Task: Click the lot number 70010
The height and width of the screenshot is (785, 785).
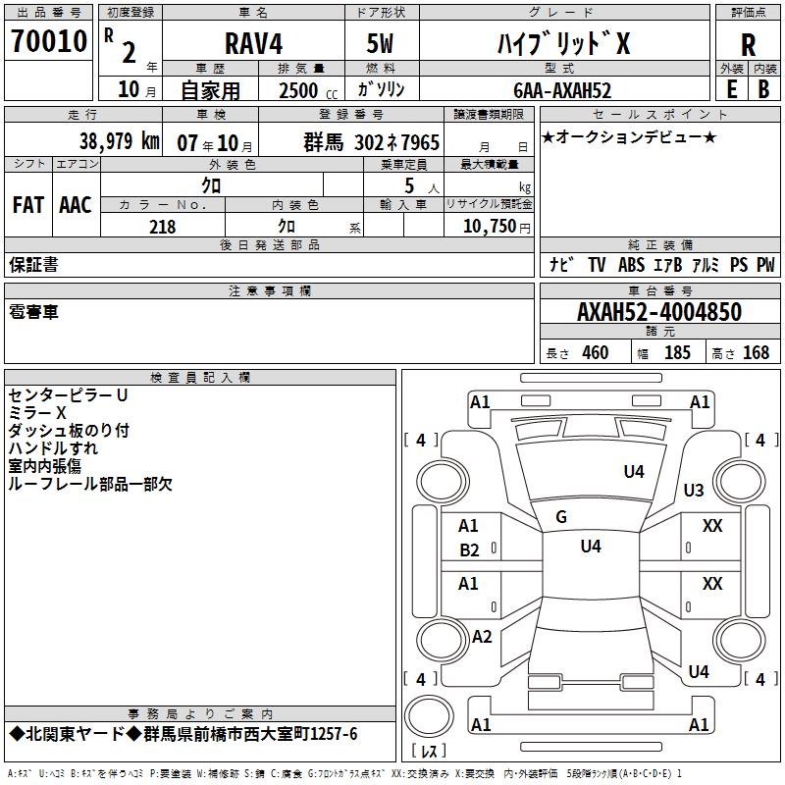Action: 49,41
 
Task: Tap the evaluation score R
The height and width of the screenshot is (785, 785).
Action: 748,44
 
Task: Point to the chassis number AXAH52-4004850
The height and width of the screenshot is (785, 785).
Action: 658,313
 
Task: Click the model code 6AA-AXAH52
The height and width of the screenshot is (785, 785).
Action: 562,90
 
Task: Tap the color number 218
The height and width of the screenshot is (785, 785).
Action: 162,227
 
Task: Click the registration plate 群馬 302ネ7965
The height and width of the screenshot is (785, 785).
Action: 372,142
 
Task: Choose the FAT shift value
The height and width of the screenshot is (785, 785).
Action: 28,204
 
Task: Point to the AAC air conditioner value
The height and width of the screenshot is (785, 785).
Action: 76,204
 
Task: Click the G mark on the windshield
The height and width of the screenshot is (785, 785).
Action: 561,516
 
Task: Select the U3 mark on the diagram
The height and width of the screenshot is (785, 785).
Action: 694,490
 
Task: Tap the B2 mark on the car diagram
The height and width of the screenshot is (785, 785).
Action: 470,549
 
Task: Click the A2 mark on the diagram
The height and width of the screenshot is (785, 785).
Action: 482,636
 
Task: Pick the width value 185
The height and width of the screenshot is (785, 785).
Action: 677,353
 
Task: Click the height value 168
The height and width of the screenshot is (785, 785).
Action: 756,353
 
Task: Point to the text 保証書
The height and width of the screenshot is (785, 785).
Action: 33,264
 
